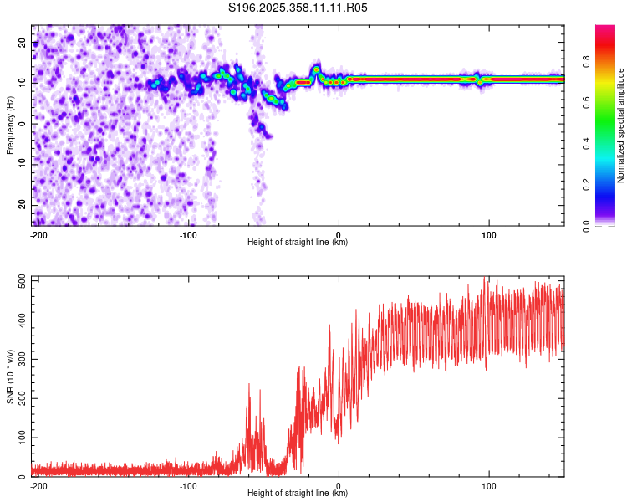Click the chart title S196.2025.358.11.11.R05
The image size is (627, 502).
[298, 8]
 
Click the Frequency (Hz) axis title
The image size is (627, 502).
[10, 125]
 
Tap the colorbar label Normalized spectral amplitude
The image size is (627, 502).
[621, 125]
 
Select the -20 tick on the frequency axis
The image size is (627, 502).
[21, 205]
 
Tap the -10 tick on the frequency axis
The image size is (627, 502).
[21, 164]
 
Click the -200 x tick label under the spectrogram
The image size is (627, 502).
[38, 234]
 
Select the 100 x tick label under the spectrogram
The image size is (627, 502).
[489, 234]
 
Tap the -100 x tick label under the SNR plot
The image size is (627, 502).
[188, 485]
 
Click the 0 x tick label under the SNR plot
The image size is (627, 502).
[339, 485]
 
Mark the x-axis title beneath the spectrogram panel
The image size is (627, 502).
[298, 243]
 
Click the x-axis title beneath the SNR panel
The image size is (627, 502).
[298, 494]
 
